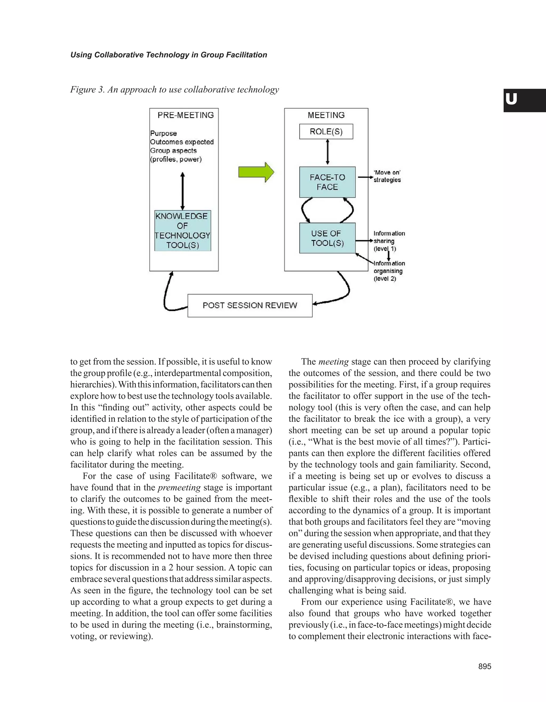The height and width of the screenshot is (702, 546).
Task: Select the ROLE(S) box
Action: [326, 131]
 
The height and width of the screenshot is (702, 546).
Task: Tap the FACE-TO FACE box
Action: [327, 182]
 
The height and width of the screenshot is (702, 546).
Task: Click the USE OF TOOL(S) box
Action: [327, 238]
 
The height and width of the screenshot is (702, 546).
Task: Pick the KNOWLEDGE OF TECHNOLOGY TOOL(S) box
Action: [183, 230]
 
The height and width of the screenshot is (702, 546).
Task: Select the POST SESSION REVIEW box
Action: [250, 305]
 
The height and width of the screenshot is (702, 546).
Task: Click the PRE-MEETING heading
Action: [186, 115]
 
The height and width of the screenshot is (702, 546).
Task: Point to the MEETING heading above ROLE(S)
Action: [326, 115]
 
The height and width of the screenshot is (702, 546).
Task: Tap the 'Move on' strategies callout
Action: [387, 176]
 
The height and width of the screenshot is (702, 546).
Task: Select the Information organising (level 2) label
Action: [389, 271]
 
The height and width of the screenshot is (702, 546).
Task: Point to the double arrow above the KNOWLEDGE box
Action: [183, 191]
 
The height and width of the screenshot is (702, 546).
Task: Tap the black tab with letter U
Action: [524, 100]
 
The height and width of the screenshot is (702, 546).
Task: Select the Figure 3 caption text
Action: [174, 89]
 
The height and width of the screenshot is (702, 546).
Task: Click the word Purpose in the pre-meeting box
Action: [163, 133]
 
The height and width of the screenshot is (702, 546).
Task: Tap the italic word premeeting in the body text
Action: [179, 487]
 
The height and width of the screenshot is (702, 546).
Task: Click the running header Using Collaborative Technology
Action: [168, 55]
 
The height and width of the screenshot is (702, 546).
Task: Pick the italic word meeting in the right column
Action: [333, 362]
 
